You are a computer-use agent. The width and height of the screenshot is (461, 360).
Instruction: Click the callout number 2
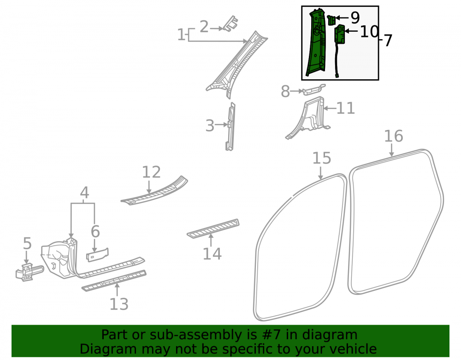[204, 27]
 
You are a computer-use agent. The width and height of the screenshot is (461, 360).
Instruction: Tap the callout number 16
[393, 136]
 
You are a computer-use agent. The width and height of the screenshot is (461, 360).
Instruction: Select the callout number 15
[321, 159]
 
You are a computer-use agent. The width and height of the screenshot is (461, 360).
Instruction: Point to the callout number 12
[151, 172]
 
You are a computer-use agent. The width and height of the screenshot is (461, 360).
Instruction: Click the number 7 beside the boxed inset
[388, 41]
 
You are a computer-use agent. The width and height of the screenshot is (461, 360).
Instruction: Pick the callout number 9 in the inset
[355, 18]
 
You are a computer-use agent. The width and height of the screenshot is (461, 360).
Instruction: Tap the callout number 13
[119, 304]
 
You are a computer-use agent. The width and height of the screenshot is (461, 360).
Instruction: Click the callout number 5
[27, 244]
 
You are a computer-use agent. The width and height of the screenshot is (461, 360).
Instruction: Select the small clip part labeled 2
[231, 24]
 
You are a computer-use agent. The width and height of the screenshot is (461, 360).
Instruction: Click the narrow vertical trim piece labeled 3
[230, 127]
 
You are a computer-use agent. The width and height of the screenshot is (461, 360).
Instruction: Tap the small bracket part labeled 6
[97, 255]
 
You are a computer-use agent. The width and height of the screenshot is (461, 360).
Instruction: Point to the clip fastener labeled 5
[29, 272]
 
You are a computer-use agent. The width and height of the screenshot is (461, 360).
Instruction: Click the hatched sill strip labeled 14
[213, 229]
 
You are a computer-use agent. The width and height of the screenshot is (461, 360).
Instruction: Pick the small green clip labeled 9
[331, 20]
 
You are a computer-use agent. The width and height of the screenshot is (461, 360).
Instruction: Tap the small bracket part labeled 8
[313, 90]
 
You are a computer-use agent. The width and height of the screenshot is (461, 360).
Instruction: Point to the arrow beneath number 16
[391, 150]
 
